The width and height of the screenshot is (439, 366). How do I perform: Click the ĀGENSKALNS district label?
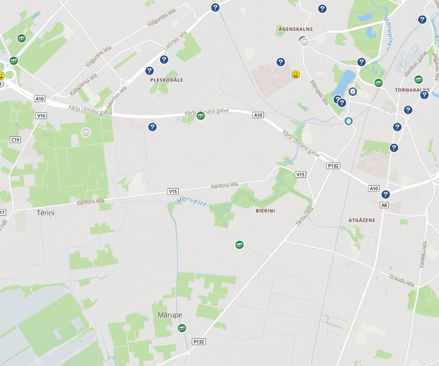[297, 29]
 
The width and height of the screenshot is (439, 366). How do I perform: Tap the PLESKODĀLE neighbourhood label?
[167, 80]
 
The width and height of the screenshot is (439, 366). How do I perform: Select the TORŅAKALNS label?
[412, 90]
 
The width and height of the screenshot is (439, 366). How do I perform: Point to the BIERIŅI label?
[265, 211]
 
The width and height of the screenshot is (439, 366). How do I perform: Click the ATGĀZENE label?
[362, 220]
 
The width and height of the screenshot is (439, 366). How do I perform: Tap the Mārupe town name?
[170, 315]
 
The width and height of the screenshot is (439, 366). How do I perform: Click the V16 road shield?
[41, 115]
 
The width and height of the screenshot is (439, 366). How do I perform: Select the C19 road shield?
[15, 140]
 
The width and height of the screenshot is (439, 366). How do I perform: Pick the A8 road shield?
[384, 205]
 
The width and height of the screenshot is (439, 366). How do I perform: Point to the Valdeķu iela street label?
[424, 254]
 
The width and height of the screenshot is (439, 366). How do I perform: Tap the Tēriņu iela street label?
[304, 217]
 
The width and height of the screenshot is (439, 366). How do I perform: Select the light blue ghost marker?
[349, 121]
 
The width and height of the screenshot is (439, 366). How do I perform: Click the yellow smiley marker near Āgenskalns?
[296, 75]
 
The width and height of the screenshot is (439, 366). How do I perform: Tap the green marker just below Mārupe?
[182, 329]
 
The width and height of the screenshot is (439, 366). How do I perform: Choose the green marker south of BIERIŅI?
[239, 244]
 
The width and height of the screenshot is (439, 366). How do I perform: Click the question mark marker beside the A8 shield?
[386, 194]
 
